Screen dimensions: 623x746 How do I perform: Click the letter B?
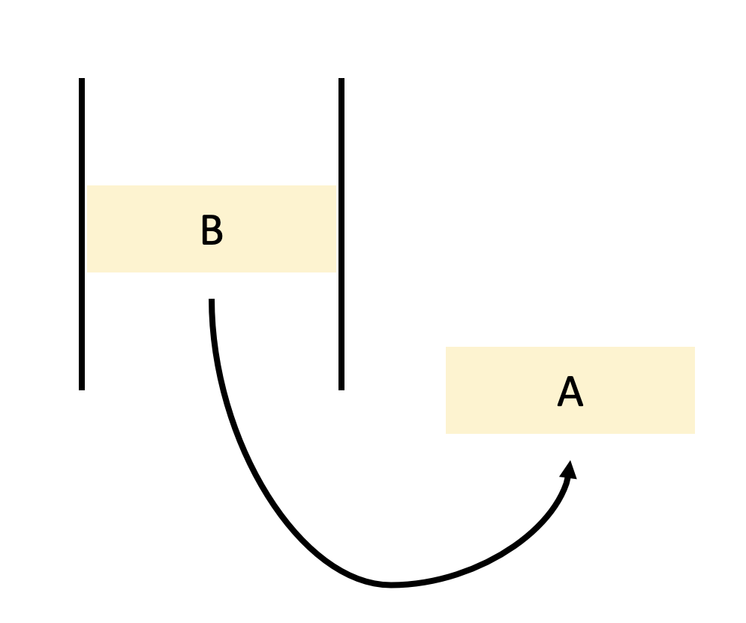coord(212,231)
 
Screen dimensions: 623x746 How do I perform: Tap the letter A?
coord(570,393)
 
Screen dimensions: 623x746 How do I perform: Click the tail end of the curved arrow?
coord(212,302)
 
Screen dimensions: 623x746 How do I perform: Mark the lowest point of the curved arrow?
coord(390,584)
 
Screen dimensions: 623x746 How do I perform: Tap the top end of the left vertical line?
coord(82,80)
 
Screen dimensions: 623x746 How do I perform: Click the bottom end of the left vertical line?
coord(82,388)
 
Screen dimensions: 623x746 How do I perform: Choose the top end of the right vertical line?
coord(341,80)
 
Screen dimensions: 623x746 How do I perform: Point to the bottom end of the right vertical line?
coord(341,388)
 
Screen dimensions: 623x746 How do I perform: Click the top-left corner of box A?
coord(447,348)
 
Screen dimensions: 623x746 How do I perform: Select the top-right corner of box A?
coord(694,348)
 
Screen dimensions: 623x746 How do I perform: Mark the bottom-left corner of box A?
coord(447,432)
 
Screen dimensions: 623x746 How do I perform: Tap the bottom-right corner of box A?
coord(694,432)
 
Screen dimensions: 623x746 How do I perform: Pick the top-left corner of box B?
coord(87,186)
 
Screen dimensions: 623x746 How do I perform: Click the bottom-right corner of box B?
coord(335,272)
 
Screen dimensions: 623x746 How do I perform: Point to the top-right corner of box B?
coord(335,186)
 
